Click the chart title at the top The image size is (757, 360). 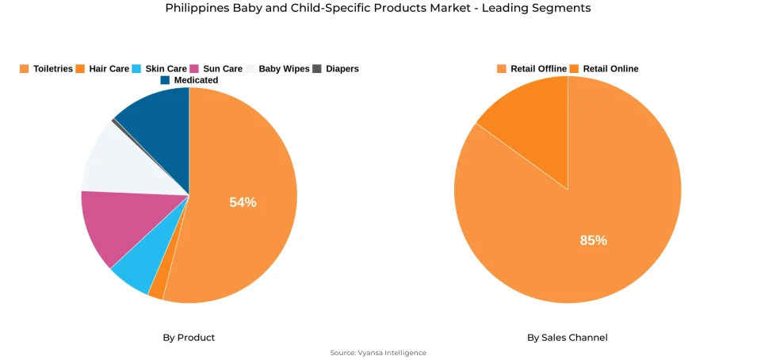pos(378,8)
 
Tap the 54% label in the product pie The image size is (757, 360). pos(243,202)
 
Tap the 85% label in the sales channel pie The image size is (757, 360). pos(593,240)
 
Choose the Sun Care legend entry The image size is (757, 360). pos(216,69)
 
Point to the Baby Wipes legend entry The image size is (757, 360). pos(277,69)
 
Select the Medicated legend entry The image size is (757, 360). pos(189,80)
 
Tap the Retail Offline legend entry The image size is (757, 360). pos(532,69)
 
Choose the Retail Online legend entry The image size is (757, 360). pos(604,69)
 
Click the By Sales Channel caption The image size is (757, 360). pos(568,338)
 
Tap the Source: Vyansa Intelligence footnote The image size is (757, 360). pos(378,353)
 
